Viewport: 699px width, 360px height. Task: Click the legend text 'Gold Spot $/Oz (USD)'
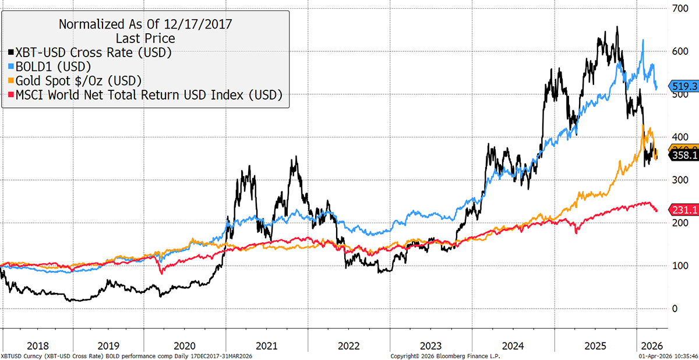coord(79,80)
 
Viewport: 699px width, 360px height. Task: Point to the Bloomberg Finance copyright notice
coord(445,355)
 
